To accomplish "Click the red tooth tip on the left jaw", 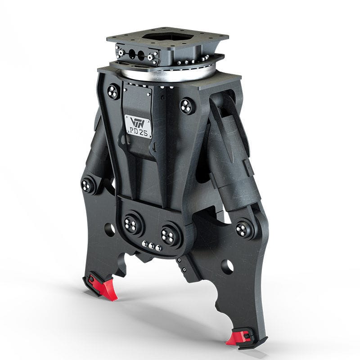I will [108, 290].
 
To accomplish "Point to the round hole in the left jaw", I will [109, 229].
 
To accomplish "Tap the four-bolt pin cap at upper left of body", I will [113, 92].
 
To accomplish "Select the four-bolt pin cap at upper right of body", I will [186, 106].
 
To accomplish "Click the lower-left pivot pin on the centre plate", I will [132, 225].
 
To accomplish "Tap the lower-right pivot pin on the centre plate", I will [170, 235].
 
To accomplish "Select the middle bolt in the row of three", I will [151, 246].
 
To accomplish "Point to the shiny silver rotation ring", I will [180, 74].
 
